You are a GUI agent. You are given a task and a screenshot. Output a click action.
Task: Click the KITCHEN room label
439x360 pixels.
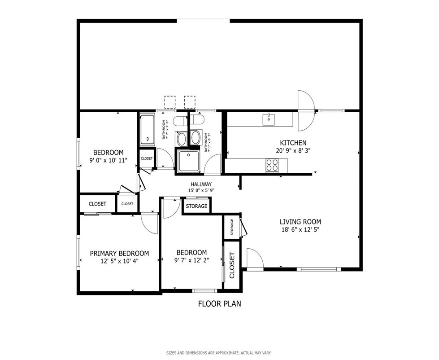[x=293, y=143]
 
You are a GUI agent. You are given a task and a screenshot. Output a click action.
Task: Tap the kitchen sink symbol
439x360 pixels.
[x=269, y=119]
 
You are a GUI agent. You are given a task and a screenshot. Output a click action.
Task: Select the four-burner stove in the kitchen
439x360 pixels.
[x=272, y=165]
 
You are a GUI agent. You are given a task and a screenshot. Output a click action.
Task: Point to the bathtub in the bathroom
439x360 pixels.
[x=147, y=129]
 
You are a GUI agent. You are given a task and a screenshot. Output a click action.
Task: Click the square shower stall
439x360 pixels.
[x=189, y=161]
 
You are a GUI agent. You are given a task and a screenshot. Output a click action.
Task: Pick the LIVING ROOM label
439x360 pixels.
[x=300, y=222]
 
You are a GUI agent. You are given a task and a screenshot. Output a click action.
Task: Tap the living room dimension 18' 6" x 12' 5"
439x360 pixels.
[x=300, y=230]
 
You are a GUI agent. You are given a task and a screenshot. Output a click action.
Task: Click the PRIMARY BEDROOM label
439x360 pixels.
[x=119, y=254]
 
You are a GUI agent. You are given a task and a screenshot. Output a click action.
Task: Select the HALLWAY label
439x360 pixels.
[x=201, y=184]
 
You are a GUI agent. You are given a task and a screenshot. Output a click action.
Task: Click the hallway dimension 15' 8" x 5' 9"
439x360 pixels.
[x=201, y=190]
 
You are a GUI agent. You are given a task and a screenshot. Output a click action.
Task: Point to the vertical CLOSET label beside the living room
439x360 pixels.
[x=232, y=265]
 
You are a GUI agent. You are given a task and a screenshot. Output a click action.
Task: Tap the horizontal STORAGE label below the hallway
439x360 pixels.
[x=196, y=206]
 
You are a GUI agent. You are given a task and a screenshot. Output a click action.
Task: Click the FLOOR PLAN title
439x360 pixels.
[x=220, y=304]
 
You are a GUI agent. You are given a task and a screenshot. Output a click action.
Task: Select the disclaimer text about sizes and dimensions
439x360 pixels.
[x=219, y=353]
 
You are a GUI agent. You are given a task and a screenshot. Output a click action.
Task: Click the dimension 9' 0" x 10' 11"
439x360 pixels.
[x=109, y=161]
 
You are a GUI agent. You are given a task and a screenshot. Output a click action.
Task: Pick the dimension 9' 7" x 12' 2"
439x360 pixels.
[x=191, y=260]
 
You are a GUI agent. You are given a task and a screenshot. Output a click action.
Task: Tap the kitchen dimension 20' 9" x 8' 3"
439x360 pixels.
[x=293, y=151]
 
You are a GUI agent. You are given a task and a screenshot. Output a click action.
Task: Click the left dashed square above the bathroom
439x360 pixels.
[x=170, y=102]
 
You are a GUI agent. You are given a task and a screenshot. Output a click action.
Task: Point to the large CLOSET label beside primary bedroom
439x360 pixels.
[x=97, y=204]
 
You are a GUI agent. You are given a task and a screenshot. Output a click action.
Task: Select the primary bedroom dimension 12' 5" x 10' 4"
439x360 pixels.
[x=120, y=261]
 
